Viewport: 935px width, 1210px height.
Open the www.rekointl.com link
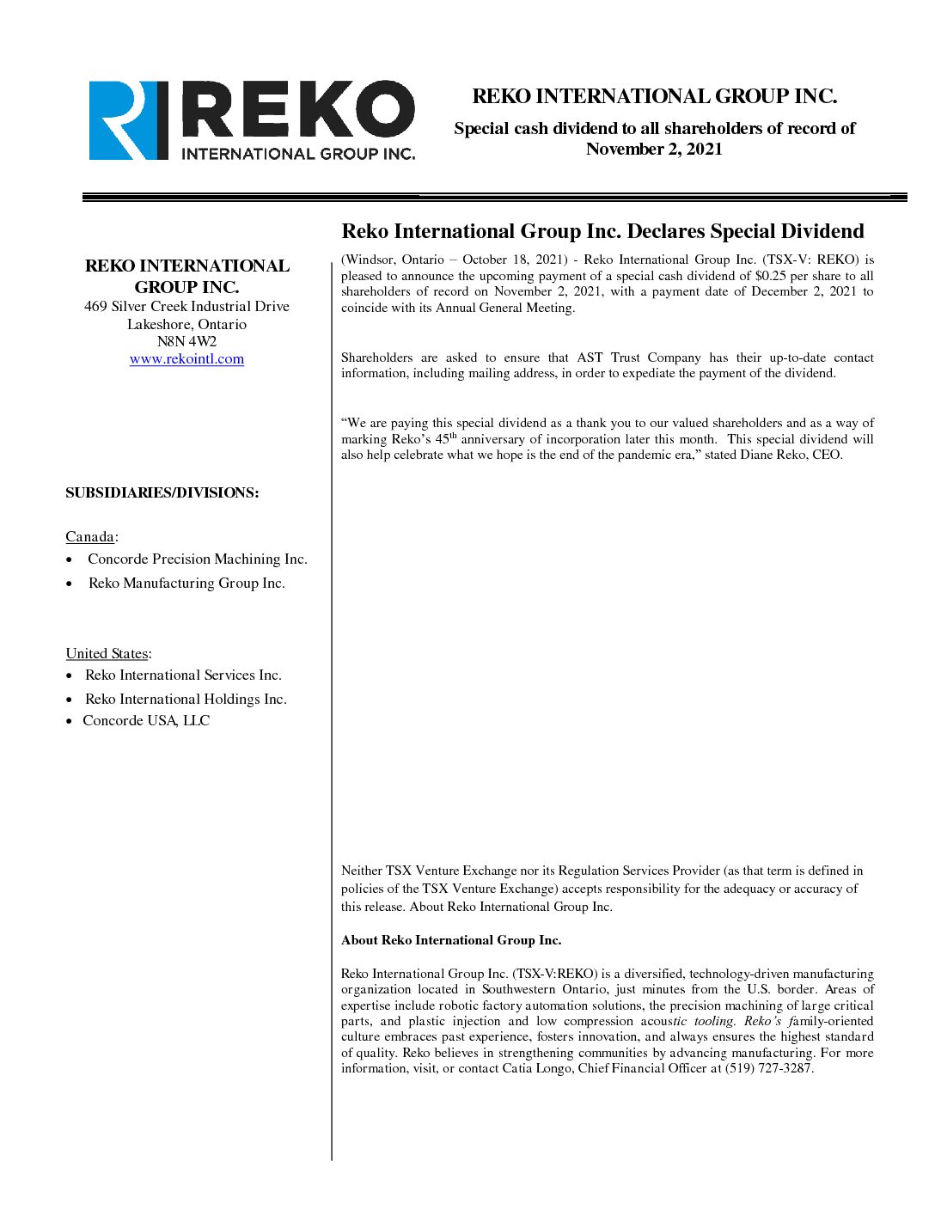coord(186,359)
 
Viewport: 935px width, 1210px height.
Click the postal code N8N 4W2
coord(186,341)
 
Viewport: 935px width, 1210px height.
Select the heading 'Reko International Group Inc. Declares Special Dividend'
coord(602,231)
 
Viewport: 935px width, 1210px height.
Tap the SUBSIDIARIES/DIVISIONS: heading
coord(162,492)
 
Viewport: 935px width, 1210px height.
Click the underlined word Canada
coord(90,537)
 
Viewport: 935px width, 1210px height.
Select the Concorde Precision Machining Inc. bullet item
coord(197,559)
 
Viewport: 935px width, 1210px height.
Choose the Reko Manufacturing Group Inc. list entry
coord(186,584)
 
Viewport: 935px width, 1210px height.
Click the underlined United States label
coord(107,654)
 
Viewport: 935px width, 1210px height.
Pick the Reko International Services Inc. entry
coord(183,675)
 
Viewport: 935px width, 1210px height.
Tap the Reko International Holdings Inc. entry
coord(186,700)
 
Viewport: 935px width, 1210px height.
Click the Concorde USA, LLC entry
coord(146,721)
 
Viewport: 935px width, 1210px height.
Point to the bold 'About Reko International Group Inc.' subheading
coord(451,940)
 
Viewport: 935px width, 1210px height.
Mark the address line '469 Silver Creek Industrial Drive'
coord(186,307)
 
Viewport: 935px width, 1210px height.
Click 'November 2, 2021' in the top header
coord(654,150)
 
